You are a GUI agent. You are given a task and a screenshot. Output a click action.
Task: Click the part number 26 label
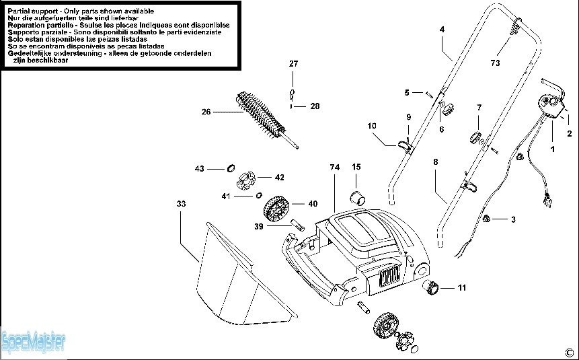coord(206,112)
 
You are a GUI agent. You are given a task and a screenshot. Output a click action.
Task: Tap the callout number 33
coord(181,204)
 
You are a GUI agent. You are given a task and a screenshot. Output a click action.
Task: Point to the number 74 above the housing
coord(334,168)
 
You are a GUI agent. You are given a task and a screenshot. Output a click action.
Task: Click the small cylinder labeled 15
coord(358,197)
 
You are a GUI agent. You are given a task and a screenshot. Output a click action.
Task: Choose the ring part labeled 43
coord(231,168)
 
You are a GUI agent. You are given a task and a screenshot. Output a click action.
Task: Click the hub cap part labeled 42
coord(246,180)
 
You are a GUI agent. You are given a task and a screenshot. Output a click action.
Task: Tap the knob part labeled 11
coord(430,287)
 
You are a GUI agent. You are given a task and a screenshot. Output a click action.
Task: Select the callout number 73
coord(495,63)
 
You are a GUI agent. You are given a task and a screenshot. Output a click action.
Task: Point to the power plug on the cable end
coord(546,200)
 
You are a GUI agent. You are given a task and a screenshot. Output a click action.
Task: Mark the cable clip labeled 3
coord(486,219)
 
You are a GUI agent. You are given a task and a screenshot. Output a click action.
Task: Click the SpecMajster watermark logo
coord(33,342)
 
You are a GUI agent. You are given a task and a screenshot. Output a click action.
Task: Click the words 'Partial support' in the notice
coord(33,11)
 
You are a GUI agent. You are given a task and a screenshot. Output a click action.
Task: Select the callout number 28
coord(315,106)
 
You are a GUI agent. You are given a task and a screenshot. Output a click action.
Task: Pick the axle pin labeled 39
coord(298,225)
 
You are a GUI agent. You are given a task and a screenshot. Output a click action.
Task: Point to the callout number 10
coord(372,126)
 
